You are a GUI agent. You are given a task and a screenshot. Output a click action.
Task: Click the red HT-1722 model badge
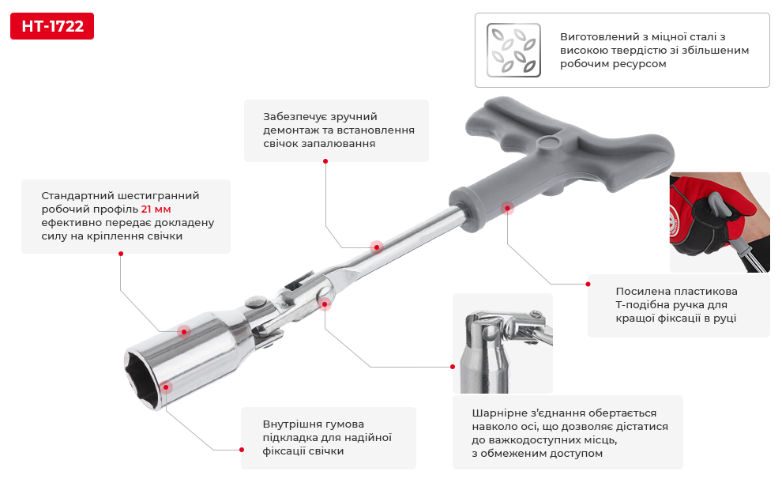pyautogui.click(x=52, y=26)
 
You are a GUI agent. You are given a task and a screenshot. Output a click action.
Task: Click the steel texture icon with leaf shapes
pyautogui.click(x=513, y=50)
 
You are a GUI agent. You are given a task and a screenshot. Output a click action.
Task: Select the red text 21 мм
pyautogui.click(x=156, y=209)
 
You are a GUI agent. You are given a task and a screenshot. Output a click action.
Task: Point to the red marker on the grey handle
pyautogui.click(x=507, y=208)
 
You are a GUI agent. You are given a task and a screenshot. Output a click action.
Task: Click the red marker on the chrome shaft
pyautogui.click(x=377, y=247)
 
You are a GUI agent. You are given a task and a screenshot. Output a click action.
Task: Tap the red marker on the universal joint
pyautogui.click(x=325, y=304)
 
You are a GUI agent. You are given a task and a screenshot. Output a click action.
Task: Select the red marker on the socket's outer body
pyautogui.click(x=184, y=332)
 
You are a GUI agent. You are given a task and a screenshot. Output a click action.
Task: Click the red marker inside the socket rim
pyautogui.click(x=166, y=387)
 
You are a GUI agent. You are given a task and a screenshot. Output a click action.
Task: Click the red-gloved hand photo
pyautogui.click(x=719, y=223)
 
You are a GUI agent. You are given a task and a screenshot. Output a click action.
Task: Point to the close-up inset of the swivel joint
pyautogui.click(x=502, y=343)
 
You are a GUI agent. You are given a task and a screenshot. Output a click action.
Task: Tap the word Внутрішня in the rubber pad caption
pyautogui.click(x=289, y=424)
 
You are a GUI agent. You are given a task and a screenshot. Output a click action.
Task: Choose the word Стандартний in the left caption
pyautogui.click(x=78, y=195)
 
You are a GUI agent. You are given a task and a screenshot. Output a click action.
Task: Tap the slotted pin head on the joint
pyautogui.click(x=256, y=302)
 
